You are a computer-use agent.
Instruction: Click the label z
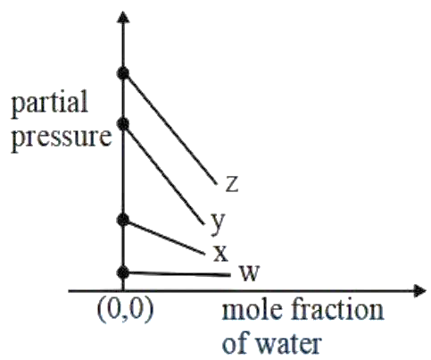tap(232, 184)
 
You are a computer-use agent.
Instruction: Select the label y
tap(218, 223)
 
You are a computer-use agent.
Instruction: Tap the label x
tap(220, 254)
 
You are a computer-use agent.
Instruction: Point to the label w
tap(250, 272)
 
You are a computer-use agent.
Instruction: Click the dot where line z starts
tap(123, 73)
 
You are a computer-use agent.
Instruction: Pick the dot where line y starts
tap(123, 124)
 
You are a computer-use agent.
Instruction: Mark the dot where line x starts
tap(123, 221)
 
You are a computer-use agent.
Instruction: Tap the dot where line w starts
tap(123, 272)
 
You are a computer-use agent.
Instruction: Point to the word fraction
tap(337, 310)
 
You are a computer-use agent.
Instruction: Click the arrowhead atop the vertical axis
tap(123, 17)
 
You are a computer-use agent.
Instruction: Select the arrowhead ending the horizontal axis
tap(420, 290)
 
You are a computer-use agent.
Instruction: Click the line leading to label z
tap(170, 129)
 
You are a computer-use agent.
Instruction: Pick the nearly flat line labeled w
tap(177, 273)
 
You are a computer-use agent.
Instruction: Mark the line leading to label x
tap(164, 238)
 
